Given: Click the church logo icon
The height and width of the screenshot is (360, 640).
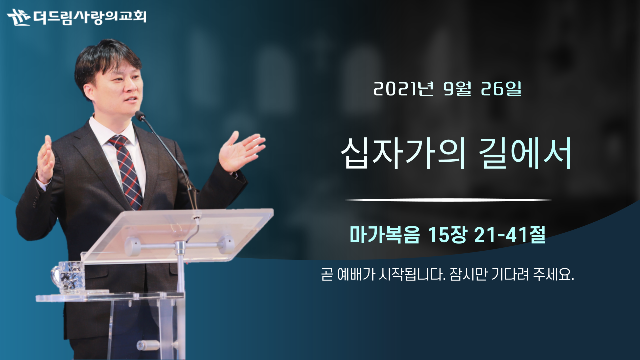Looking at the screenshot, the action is tap(19, 17).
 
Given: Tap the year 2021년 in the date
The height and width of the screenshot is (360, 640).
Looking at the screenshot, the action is tap(403, 89).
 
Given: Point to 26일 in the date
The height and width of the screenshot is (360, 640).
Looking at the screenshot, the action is tap(501, 89).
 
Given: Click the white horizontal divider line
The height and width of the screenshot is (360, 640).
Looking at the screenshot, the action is tap(448, 200).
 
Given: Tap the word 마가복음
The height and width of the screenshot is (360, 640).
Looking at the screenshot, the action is tap(385, 235).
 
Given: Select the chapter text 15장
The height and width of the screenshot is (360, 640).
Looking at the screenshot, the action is tap(448, 235).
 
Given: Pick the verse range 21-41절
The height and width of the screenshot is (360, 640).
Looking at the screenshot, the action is tap(510, 235).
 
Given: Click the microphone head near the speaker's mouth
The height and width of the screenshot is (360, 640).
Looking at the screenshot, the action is tap(140, 115).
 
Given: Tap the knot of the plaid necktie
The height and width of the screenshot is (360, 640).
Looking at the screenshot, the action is tap(118, 142).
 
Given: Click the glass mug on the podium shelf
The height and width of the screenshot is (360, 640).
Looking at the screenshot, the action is tap(68, 277).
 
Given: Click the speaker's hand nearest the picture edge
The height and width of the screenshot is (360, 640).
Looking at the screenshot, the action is tap(45, 159).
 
